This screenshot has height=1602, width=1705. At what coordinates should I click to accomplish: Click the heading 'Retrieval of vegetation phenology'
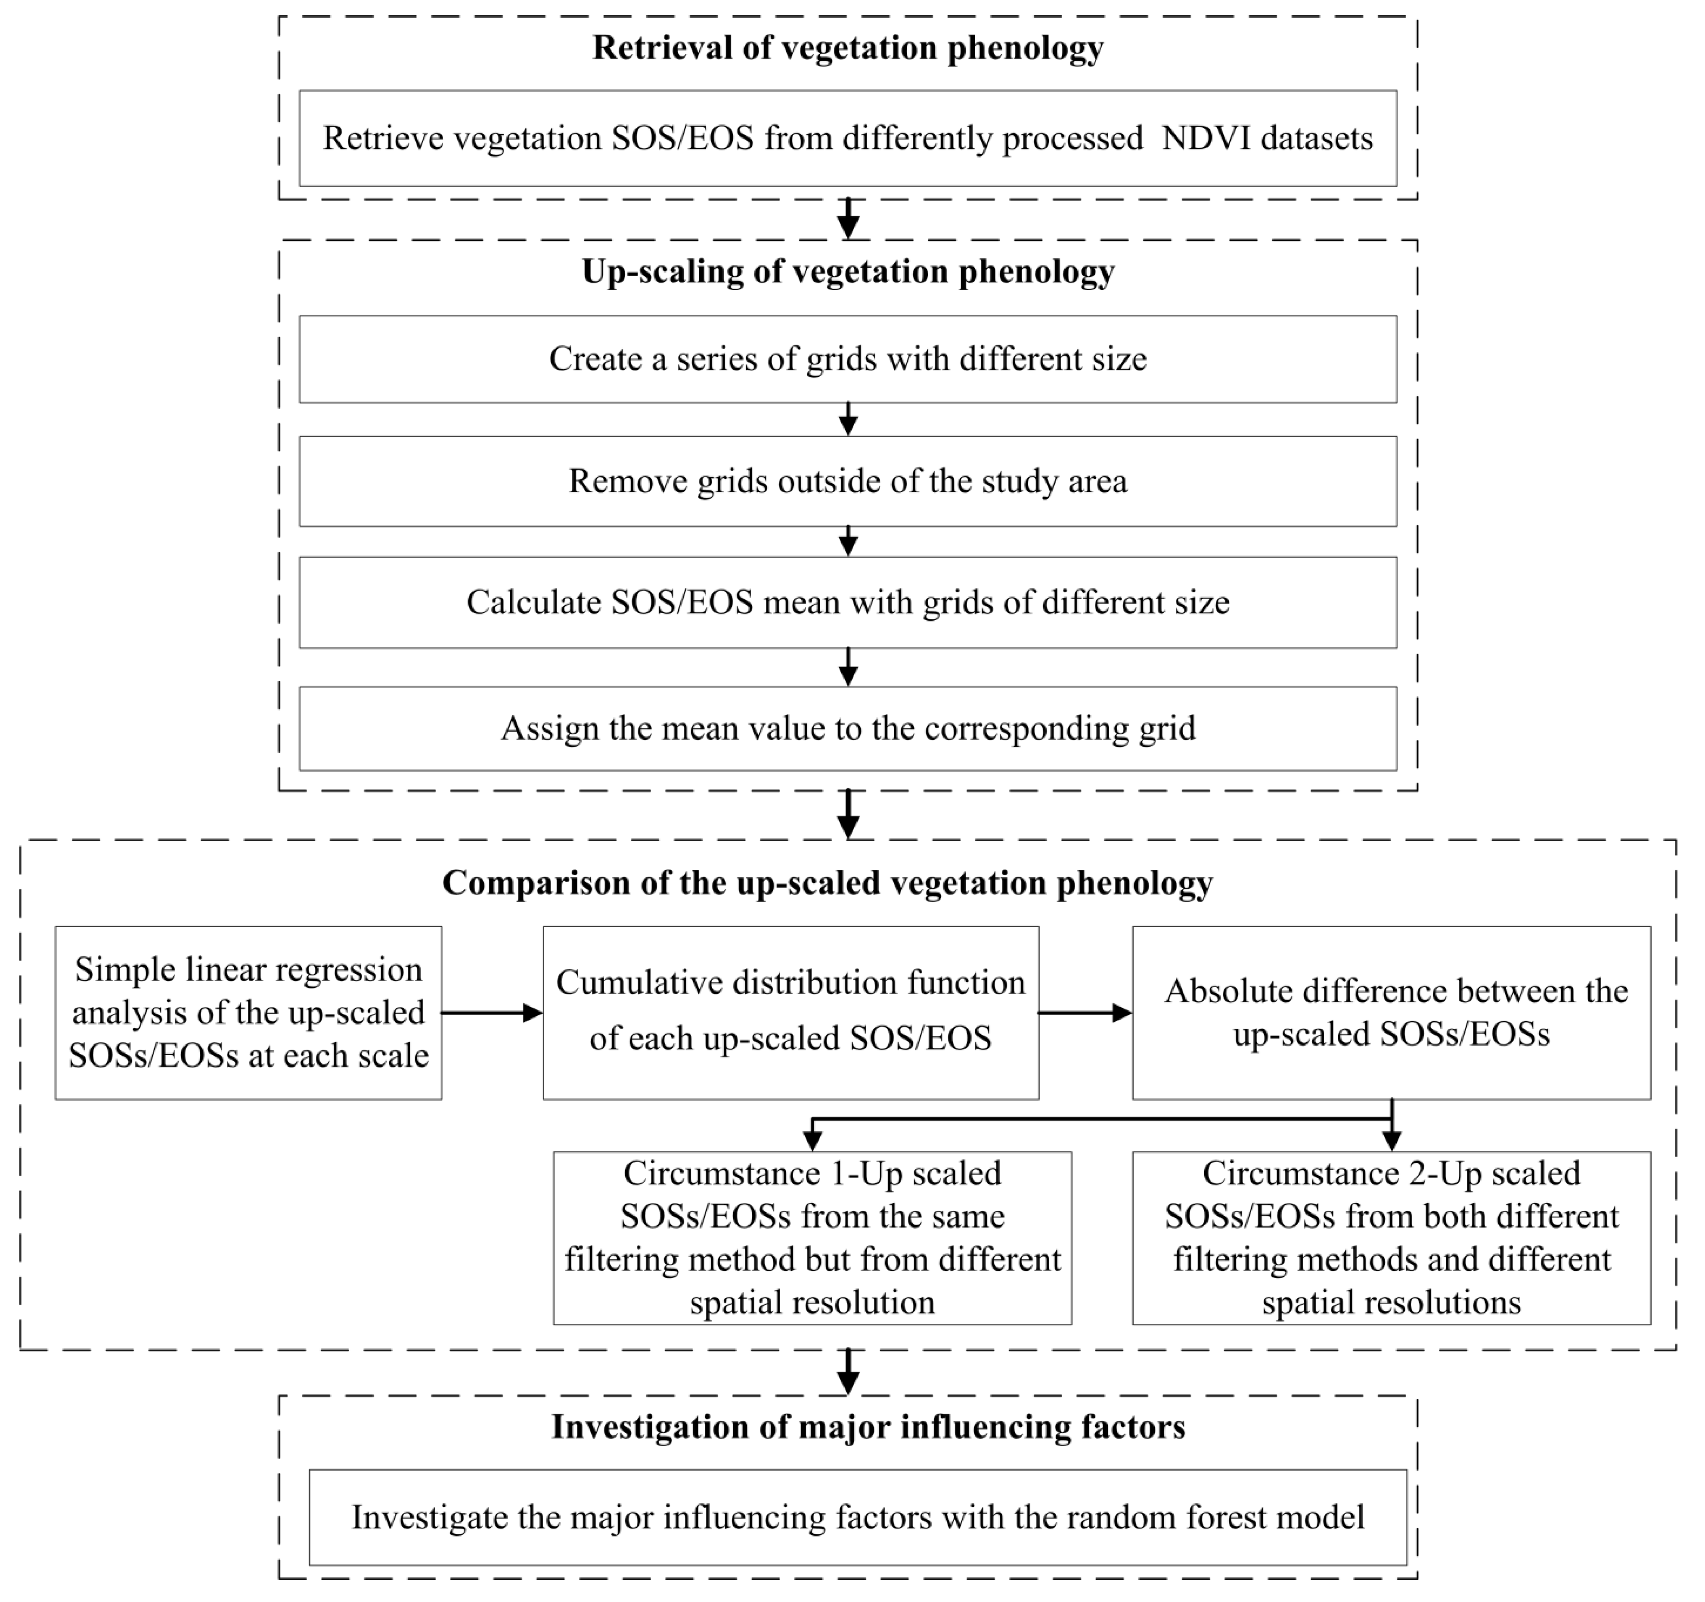(847, 48)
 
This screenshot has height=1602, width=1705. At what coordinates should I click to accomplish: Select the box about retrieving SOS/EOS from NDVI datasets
(847, 138)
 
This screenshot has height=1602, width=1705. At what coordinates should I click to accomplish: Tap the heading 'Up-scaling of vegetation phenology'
(847, 272)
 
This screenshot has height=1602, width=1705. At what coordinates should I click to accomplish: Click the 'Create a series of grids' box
(847, 359)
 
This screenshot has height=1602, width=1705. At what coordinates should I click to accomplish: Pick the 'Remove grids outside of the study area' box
(847, 481)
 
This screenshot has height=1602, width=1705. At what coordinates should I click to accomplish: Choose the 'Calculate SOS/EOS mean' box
(847, 603)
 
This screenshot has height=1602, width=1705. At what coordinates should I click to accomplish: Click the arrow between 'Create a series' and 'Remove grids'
(847, 419)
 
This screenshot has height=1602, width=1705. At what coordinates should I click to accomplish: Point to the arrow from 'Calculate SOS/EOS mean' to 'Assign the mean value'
(847, 666)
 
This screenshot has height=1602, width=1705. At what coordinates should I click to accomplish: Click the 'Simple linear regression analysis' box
(249, 1013)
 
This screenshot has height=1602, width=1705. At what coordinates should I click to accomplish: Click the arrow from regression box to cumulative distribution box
(491, 1013)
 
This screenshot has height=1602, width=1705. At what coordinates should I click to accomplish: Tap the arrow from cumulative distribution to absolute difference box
(1085, 1013)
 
